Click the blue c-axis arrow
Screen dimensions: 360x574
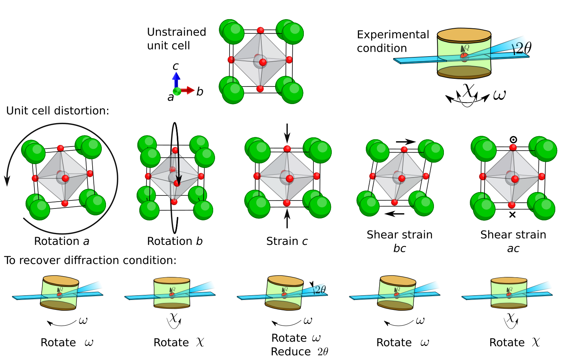click(x=176, y=79)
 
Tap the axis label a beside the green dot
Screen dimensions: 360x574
click(x=170, y=98)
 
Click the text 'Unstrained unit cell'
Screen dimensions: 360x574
click(x=176, y=39)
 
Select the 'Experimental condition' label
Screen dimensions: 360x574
click(x=393, y=41)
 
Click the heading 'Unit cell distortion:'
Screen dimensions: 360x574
click(x=57, y=111)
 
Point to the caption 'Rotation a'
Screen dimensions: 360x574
click(x=62, y=241)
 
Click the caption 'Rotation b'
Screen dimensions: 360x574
click(x=174, y=241)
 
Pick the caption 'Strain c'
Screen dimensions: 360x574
click(x=287, y=241)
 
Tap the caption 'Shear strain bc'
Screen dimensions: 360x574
click(x=399, y=241)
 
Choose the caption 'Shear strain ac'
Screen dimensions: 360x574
click(x=513, y=241)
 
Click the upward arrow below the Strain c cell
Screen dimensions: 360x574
click(x=287, y=219)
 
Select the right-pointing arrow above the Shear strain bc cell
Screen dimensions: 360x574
click(x=406, y=142)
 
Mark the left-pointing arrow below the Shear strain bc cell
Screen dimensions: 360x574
click(x=394, y=214)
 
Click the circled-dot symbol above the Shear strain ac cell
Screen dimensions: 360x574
click(x=513, y=140)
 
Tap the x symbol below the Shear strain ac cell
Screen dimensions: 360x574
click(x=512, y=215)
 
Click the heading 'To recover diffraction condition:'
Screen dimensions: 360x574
click(x=90, y=261)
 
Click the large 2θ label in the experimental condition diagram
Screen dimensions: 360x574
click(x=522, y=48)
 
